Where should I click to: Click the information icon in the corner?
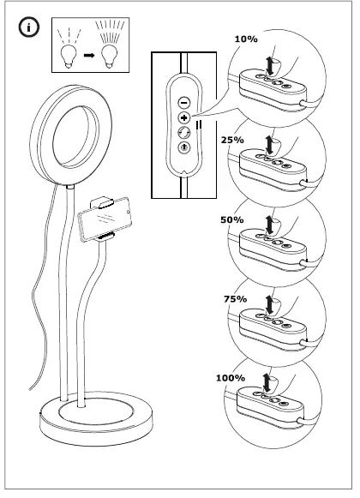pos(28,27)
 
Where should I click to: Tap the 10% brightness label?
pos(245,39)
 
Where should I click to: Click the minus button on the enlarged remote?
pos(183,100)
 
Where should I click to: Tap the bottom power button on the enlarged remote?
pos(183,147)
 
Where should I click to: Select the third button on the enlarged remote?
pos(183,132)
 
